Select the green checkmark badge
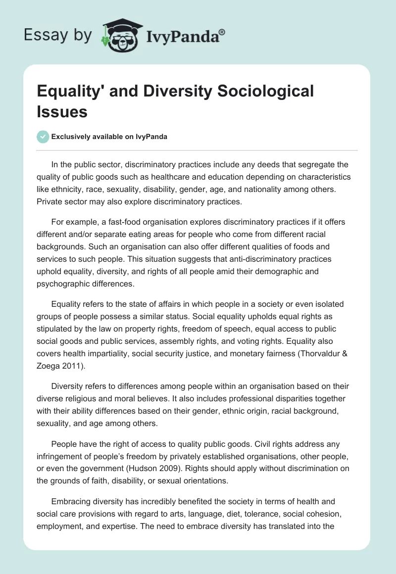(x=43, y=137)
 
